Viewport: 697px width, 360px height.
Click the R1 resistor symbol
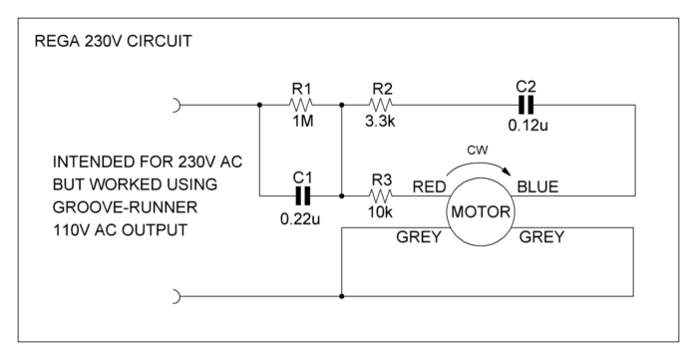tap(301, 103)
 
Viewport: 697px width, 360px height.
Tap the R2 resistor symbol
tap(382, 103)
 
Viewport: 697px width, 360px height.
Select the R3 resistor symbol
tap(382, 194)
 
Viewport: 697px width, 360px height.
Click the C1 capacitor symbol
tap(301, 194)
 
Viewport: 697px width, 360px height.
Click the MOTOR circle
tap(482, 212)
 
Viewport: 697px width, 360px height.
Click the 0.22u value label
tap(301, 214)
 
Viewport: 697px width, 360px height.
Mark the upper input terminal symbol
tap(177, 103)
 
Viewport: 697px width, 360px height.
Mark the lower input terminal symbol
tap(177, 296)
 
